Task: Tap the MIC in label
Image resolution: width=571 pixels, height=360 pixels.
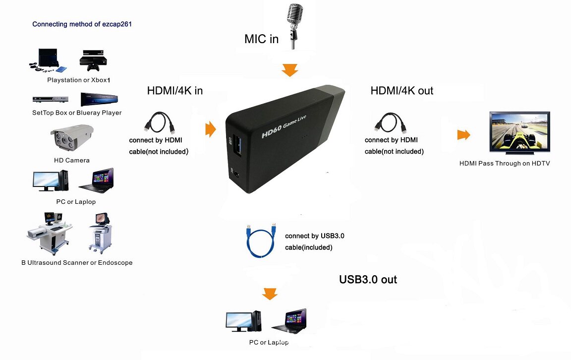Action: (x=262, y=39)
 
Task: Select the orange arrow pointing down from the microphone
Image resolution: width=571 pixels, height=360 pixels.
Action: (x=290, y=70)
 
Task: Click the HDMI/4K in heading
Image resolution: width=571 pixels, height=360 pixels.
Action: (x=175, y=91)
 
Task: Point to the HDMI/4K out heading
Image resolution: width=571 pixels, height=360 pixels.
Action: (x=402, y=91)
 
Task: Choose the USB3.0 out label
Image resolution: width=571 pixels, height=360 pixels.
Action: (x=368, y=280)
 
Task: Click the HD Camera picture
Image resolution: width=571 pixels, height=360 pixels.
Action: (x=71, y=138)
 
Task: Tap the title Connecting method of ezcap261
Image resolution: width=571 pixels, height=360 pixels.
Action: (x=82, y=24)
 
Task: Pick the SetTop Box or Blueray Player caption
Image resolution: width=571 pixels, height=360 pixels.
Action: (x=77, y=113)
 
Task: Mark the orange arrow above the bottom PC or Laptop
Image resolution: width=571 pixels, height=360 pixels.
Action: (x=270, y=294)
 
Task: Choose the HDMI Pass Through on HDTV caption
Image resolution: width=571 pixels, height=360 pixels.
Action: (x=505, y=163)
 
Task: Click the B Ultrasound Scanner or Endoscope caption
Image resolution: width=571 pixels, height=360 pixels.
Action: (x=77, y=263)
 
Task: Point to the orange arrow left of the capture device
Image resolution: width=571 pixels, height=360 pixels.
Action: (x=211, y=130)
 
